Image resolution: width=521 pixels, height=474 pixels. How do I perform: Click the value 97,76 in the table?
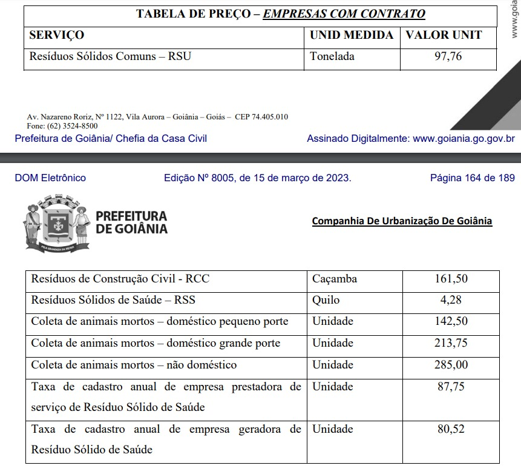(448, 57)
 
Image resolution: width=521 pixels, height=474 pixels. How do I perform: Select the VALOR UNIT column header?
(444, 35)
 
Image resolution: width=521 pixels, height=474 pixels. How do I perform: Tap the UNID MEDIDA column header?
(352, 35)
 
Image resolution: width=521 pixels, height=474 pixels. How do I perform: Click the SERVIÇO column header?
(57, 35)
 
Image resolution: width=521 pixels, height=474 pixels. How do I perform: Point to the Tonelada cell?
(332, 57)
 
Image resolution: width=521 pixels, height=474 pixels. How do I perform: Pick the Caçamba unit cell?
(335, 279)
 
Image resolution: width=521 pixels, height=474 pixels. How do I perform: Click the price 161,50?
(451, 279)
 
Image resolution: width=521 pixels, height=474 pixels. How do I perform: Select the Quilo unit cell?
(326, 300)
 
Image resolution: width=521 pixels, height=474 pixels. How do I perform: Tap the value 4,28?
(451, 300)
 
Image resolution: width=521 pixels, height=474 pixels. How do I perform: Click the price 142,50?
(451, 321)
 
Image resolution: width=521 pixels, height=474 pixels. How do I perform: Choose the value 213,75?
(451, 343)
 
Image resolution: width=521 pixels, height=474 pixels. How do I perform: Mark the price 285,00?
(451, 365)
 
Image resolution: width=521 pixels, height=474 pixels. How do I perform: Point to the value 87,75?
(451, 387)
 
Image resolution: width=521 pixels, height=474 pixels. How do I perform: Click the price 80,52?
(451, 429)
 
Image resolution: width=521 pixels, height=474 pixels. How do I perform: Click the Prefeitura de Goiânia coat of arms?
(57, 222)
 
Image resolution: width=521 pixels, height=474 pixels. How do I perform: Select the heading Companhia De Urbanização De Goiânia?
(402, 221)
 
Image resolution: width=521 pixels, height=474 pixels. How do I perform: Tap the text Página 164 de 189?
(472, 178)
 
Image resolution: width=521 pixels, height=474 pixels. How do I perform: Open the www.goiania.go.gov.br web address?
(464, 138)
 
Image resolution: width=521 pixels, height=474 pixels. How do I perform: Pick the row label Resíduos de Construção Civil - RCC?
(120, 279)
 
